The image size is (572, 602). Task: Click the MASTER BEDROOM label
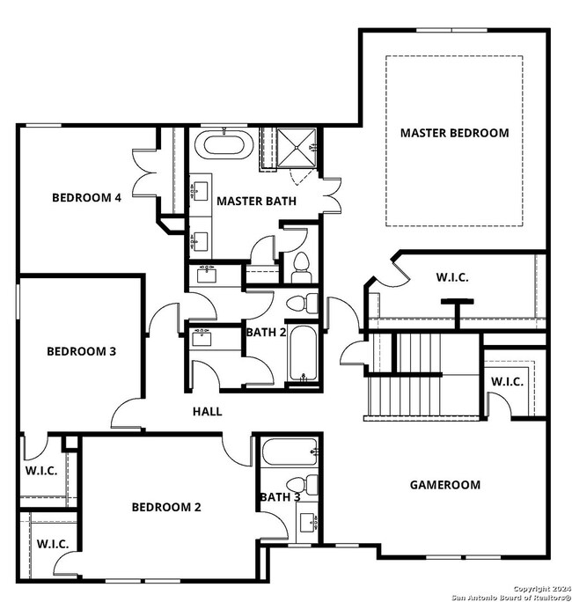(454, 133)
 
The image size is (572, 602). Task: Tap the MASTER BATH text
(256, 202)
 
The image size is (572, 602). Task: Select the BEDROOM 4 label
(86, 197)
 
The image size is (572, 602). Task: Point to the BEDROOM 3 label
(81, 351)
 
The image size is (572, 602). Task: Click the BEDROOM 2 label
(166, 507)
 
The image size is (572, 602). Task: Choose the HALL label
(208, 411)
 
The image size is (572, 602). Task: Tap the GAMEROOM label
(445, 484)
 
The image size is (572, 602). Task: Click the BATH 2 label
(267, 332)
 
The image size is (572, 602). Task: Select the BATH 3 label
(281, 498)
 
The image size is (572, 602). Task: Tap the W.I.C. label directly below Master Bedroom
(452, 277)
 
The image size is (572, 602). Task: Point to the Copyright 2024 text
(541, 588)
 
